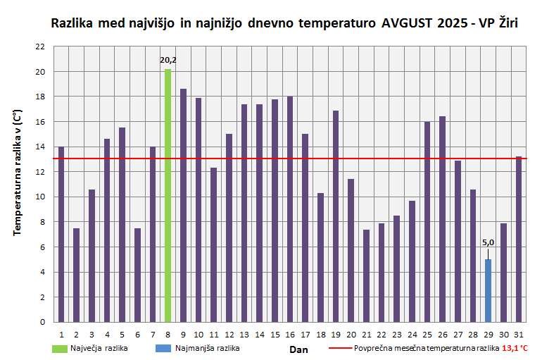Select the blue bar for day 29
(x=488, y=290)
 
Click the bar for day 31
(x=518, y=239)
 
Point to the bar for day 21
(x=366, y=275)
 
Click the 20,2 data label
(x=168, y=60)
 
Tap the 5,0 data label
(x=488, y=243)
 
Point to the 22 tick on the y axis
(x=40, y=46)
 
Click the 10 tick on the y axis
(x=40, y=197)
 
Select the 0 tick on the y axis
(x=42, y=322)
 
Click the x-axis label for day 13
(x=244, y=335)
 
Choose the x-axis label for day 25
(x=427, y=335)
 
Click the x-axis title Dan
(x=298, y=349)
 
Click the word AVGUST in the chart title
(x=406, y=23)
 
